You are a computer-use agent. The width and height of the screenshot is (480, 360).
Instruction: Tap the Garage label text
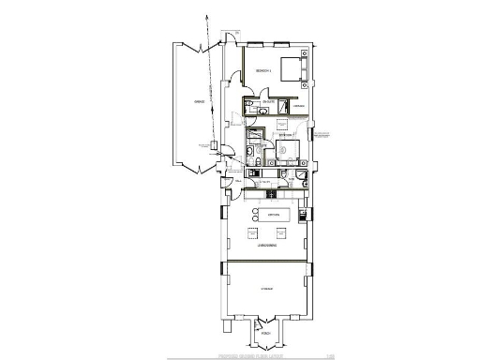click(199, 104)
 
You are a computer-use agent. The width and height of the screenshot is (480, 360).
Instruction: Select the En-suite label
click(269, 100)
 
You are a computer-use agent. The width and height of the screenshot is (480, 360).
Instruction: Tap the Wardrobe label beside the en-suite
click(295, 108)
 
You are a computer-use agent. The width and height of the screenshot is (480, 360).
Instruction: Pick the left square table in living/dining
click(253, 232)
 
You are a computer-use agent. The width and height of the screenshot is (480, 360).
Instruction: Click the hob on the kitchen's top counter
click(272, 194)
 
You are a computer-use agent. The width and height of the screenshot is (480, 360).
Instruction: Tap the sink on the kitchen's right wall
click(301, 217)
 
